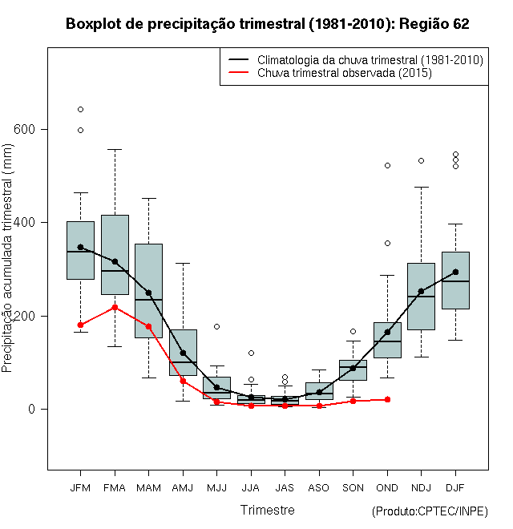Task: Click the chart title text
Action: coord(267,24)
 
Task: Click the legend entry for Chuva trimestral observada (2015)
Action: coord(344,73)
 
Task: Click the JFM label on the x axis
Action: coord(80,487)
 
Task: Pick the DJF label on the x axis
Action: coord(455,487)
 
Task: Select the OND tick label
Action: coord(387,487)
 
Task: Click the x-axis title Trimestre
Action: coord(267,510)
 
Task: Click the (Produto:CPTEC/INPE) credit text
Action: coord(430,511)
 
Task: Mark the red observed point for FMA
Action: coord(115,307)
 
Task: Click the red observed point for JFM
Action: coord(80,325)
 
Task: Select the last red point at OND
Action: coord(387,399)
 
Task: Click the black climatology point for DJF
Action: coord(455,272)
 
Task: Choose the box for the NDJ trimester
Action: coord(421,296)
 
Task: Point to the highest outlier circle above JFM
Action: coord(80,109)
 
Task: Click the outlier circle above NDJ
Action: coord(421,160)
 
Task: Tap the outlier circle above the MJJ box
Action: coord(216,326)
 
